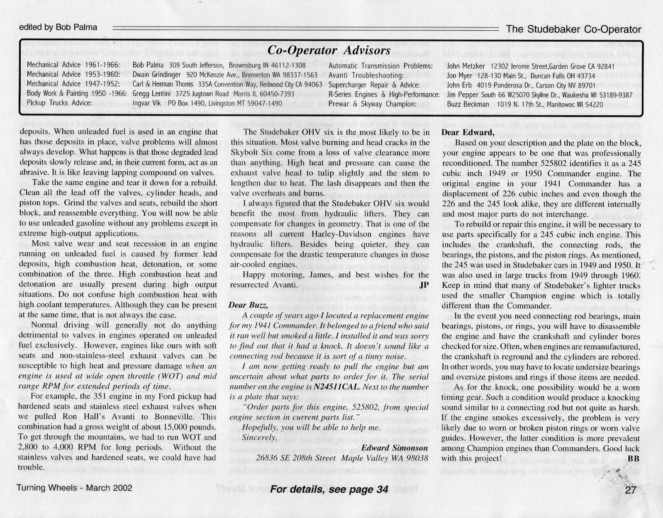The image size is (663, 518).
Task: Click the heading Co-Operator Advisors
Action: [329, 50]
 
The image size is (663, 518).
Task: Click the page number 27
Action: [630, 490]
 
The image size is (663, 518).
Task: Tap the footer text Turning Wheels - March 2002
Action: [75, 488]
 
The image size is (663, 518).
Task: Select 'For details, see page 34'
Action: [329, 489]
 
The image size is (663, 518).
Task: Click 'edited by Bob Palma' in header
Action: [58, 27]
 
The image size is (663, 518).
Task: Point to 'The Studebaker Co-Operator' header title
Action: [573, 29]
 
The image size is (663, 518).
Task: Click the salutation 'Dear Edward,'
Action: [468, 133]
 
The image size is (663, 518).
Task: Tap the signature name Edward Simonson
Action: [394, 448]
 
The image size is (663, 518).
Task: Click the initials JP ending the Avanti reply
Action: [424, 285]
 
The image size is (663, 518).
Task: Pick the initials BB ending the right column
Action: [634, 458]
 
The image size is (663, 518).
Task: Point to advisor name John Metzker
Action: [466, 66]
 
